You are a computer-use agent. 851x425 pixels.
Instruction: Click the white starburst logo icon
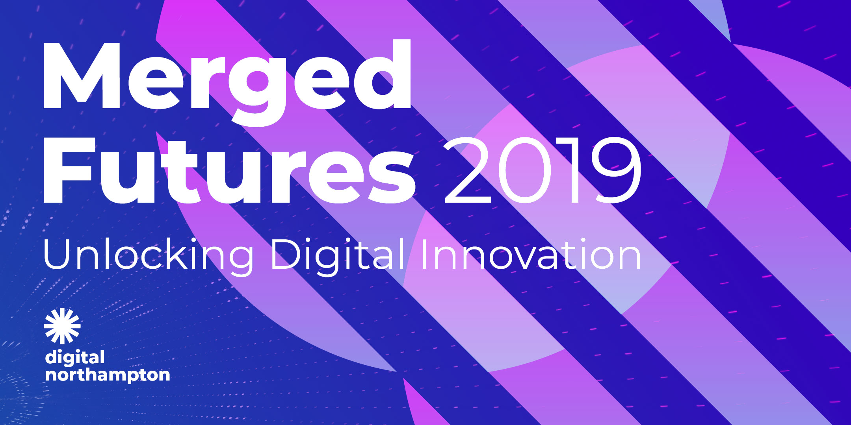(62, 326)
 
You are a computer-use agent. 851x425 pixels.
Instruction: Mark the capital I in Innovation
(424, 254)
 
